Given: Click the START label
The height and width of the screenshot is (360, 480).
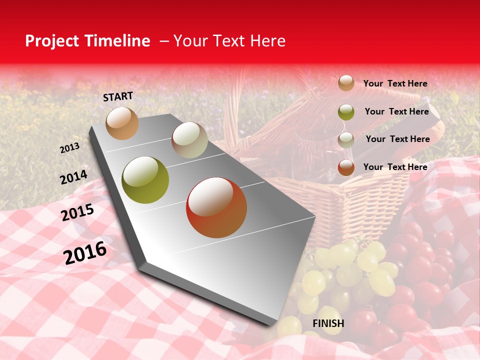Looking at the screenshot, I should (118, 96).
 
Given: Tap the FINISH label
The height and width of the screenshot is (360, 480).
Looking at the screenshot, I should (328, 323).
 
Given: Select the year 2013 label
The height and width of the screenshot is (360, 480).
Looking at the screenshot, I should (69, 148).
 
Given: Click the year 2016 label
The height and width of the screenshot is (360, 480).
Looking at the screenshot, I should (85, 252).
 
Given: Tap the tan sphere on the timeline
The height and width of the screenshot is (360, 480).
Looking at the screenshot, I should (122, 123).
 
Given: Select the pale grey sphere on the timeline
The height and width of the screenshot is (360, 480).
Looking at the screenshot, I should (189, 140).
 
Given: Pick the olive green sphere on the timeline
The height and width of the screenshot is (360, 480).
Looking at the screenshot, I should (145, 180).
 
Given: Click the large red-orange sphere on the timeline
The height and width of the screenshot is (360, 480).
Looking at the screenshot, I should (216, 207).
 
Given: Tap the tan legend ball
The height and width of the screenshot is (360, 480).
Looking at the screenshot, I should (346, 83).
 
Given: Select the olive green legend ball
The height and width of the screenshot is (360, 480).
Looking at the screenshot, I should (346, 112).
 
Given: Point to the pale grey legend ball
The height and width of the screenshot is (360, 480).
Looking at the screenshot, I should (346, 139).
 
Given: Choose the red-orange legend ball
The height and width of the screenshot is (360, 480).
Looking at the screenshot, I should (346, 167).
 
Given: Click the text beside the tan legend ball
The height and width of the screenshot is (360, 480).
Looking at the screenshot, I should (395, 83).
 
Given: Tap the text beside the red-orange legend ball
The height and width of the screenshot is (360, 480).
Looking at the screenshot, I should (395, 167).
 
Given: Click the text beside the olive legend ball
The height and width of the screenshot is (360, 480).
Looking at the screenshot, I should (396, 111).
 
